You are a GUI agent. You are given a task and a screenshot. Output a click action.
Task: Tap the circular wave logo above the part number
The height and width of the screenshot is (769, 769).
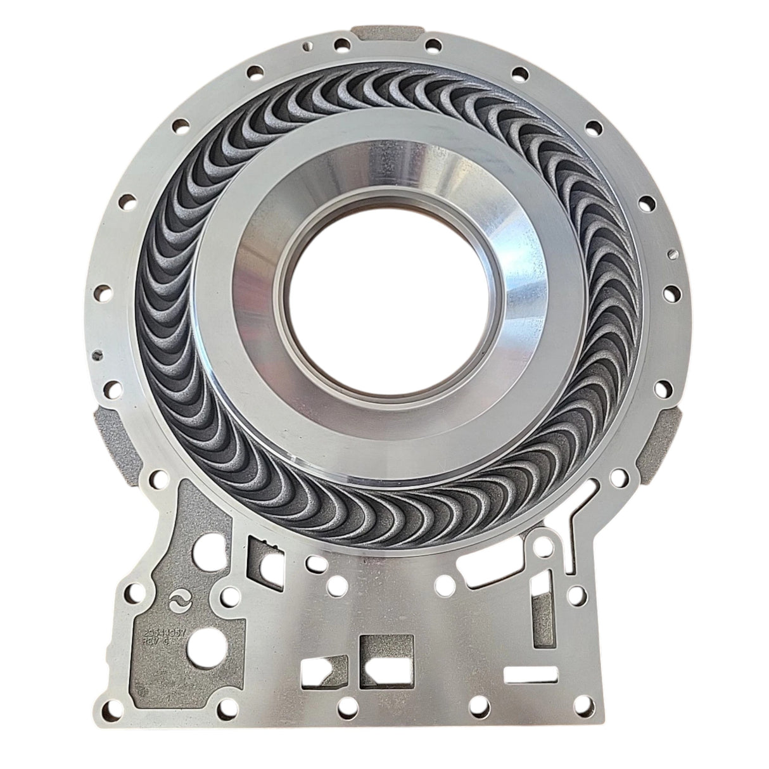coord(180,600)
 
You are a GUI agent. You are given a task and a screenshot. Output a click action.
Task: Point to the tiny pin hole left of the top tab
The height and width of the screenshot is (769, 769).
coord(308,46)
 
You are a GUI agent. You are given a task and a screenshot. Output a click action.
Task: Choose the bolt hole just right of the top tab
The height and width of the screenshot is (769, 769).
coord(433,46)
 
